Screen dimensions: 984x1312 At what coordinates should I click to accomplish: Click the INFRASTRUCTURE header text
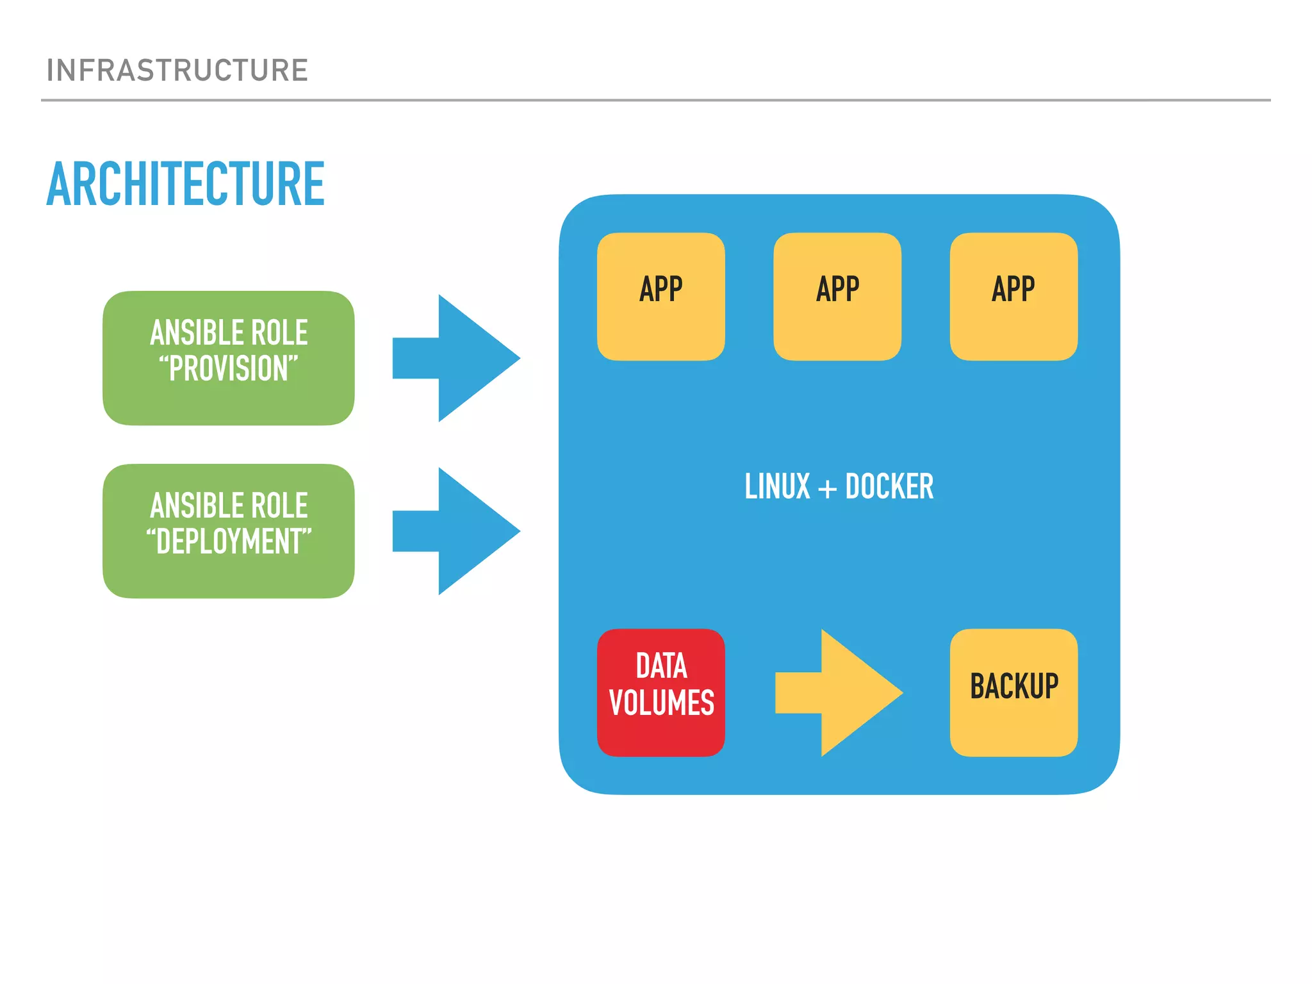tap(177, 70)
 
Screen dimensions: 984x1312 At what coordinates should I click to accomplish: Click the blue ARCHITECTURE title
tap(186, 184)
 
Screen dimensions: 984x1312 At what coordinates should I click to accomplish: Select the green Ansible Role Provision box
tap(228, 358)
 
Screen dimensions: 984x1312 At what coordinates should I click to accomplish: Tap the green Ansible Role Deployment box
tap(228, 531)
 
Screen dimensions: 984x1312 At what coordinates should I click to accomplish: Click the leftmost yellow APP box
tap(660, 297)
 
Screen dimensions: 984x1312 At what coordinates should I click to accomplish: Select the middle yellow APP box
tap(837, 297)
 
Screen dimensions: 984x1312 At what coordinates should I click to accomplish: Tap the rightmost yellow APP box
tap(1013, 297)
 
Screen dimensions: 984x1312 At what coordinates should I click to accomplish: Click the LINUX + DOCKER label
tap(839, 486)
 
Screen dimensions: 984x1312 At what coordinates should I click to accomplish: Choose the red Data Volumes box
tap(660, 693)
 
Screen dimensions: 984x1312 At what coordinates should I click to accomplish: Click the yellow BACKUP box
tap(1013, 693)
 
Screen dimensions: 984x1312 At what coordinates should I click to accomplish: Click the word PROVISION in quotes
tap(229, 369)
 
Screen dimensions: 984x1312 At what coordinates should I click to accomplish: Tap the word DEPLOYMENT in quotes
tap(229, 542)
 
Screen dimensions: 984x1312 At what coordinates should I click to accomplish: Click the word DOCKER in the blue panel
tap(889, 486)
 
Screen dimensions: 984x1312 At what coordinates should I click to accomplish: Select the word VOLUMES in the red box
tap(661, 703)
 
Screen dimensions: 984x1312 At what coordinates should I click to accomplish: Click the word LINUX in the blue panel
tap(777, 486)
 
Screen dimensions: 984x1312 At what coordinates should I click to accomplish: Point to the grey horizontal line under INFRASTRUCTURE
tap(655, 100)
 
